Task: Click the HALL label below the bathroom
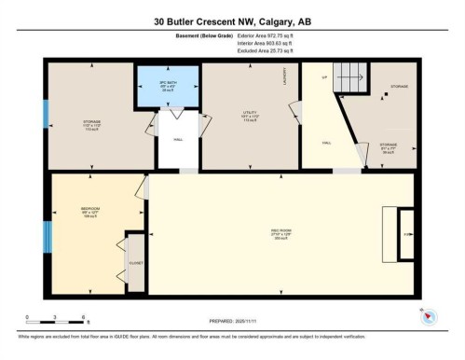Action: (177, 140)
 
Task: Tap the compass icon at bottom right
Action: (428, 316)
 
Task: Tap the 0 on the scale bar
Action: (27, 317)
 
